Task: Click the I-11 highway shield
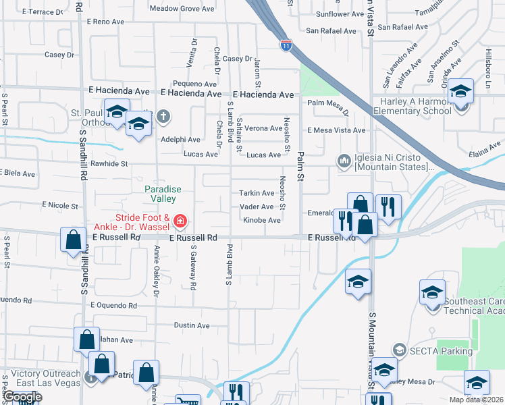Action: [x=286, y=45]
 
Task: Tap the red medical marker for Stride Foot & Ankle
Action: [x=180, y=221]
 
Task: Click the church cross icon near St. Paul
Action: [x=163, y=117]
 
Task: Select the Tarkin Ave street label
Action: [x=257, y=193]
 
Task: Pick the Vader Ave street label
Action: [x=257, y=207]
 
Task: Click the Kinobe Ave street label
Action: [x=261, y=221]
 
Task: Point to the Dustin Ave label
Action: [x=191, y=325]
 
